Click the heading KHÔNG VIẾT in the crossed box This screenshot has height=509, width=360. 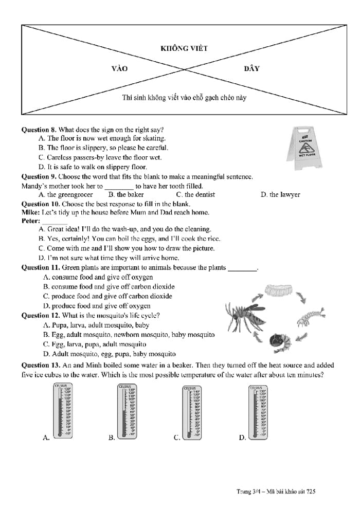(x=184, y=48)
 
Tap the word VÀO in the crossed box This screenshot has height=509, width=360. (x=119, y=69)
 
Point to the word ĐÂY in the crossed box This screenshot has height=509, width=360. (x=251, y=69)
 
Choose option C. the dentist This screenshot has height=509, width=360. (x=195, y=195)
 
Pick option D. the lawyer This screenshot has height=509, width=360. (x=280, y=195)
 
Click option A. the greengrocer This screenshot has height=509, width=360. (x=66, y=195)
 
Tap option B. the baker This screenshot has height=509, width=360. (x=126, y=195)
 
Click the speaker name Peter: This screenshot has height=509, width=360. (x=31, y=221)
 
